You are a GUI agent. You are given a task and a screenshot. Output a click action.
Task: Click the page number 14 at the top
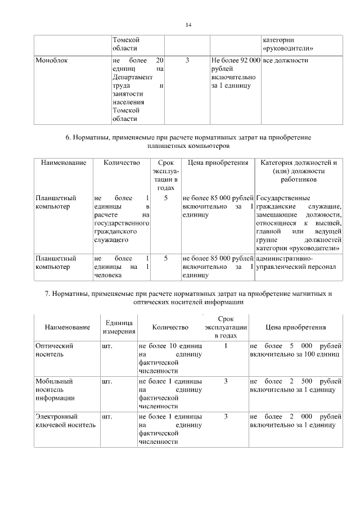pyautogui.click(x=188, y=25)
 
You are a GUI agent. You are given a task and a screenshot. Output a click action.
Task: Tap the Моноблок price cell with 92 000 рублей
pyautogui.click(x=236, y=73)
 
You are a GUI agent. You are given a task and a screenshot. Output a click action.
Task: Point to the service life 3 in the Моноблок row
pyautogui.click(x=187, y=60)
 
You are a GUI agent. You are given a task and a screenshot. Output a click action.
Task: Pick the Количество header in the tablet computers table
pyautogui.click(x=121, y=163)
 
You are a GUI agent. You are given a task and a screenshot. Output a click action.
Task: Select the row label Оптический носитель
pyautogui.click(x=55, y=350)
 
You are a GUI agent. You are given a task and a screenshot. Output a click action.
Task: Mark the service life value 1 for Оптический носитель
pyautogui.click(x=225, y=346)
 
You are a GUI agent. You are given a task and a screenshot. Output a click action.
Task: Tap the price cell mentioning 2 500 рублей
pyautogui.click(x=295, y=385)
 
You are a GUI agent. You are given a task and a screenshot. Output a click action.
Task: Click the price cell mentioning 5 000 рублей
pyautogui.click(x=295, y=350)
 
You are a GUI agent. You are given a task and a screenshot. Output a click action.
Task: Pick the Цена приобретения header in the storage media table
pyautogui.click(x=295, y=327)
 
